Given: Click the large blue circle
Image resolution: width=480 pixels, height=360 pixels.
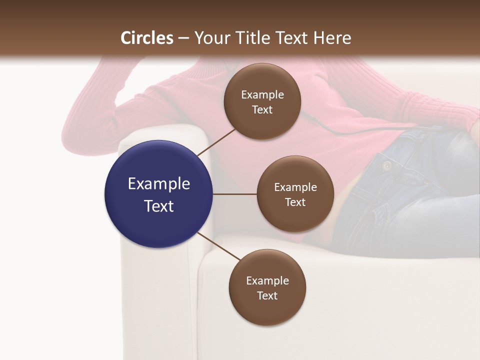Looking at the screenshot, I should coord(158,194).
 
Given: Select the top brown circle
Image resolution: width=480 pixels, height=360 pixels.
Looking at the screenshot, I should coord(262,101).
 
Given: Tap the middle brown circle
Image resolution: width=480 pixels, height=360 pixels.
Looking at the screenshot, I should coord(295,194).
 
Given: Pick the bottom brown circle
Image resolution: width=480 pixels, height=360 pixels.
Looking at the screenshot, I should coord(267,287).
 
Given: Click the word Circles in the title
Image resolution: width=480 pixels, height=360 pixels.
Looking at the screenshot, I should coord(147,38).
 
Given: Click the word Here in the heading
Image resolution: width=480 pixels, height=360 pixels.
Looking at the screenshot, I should coord(332,38).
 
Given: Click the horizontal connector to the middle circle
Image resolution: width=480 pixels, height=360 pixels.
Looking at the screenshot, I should coord(234,194).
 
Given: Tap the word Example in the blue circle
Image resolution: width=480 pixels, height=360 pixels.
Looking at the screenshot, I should coord(158,184).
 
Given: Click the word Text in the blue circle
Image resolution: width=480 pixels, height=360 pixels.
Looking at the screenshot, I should coord(158,206).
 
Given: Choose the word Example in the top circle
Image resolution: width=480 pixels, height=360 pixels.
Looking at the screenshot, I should coord(262,95).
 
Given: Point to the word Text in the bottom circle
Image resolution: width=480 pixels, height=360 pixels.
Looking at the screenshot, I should coord(267,295).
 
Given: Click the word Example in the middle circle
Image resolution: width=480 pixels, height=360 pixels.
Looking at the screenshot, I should coord(295,187).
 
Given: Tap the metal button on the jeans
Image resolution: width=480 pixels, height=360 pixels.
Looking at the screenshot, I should coord(386,165).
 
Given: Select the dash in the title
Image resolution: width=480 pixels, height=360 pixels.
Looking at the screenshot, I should coord(183,38).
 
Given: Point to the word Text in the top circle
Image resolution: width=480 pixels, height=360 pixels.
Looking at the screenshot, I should coord(262,109).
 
